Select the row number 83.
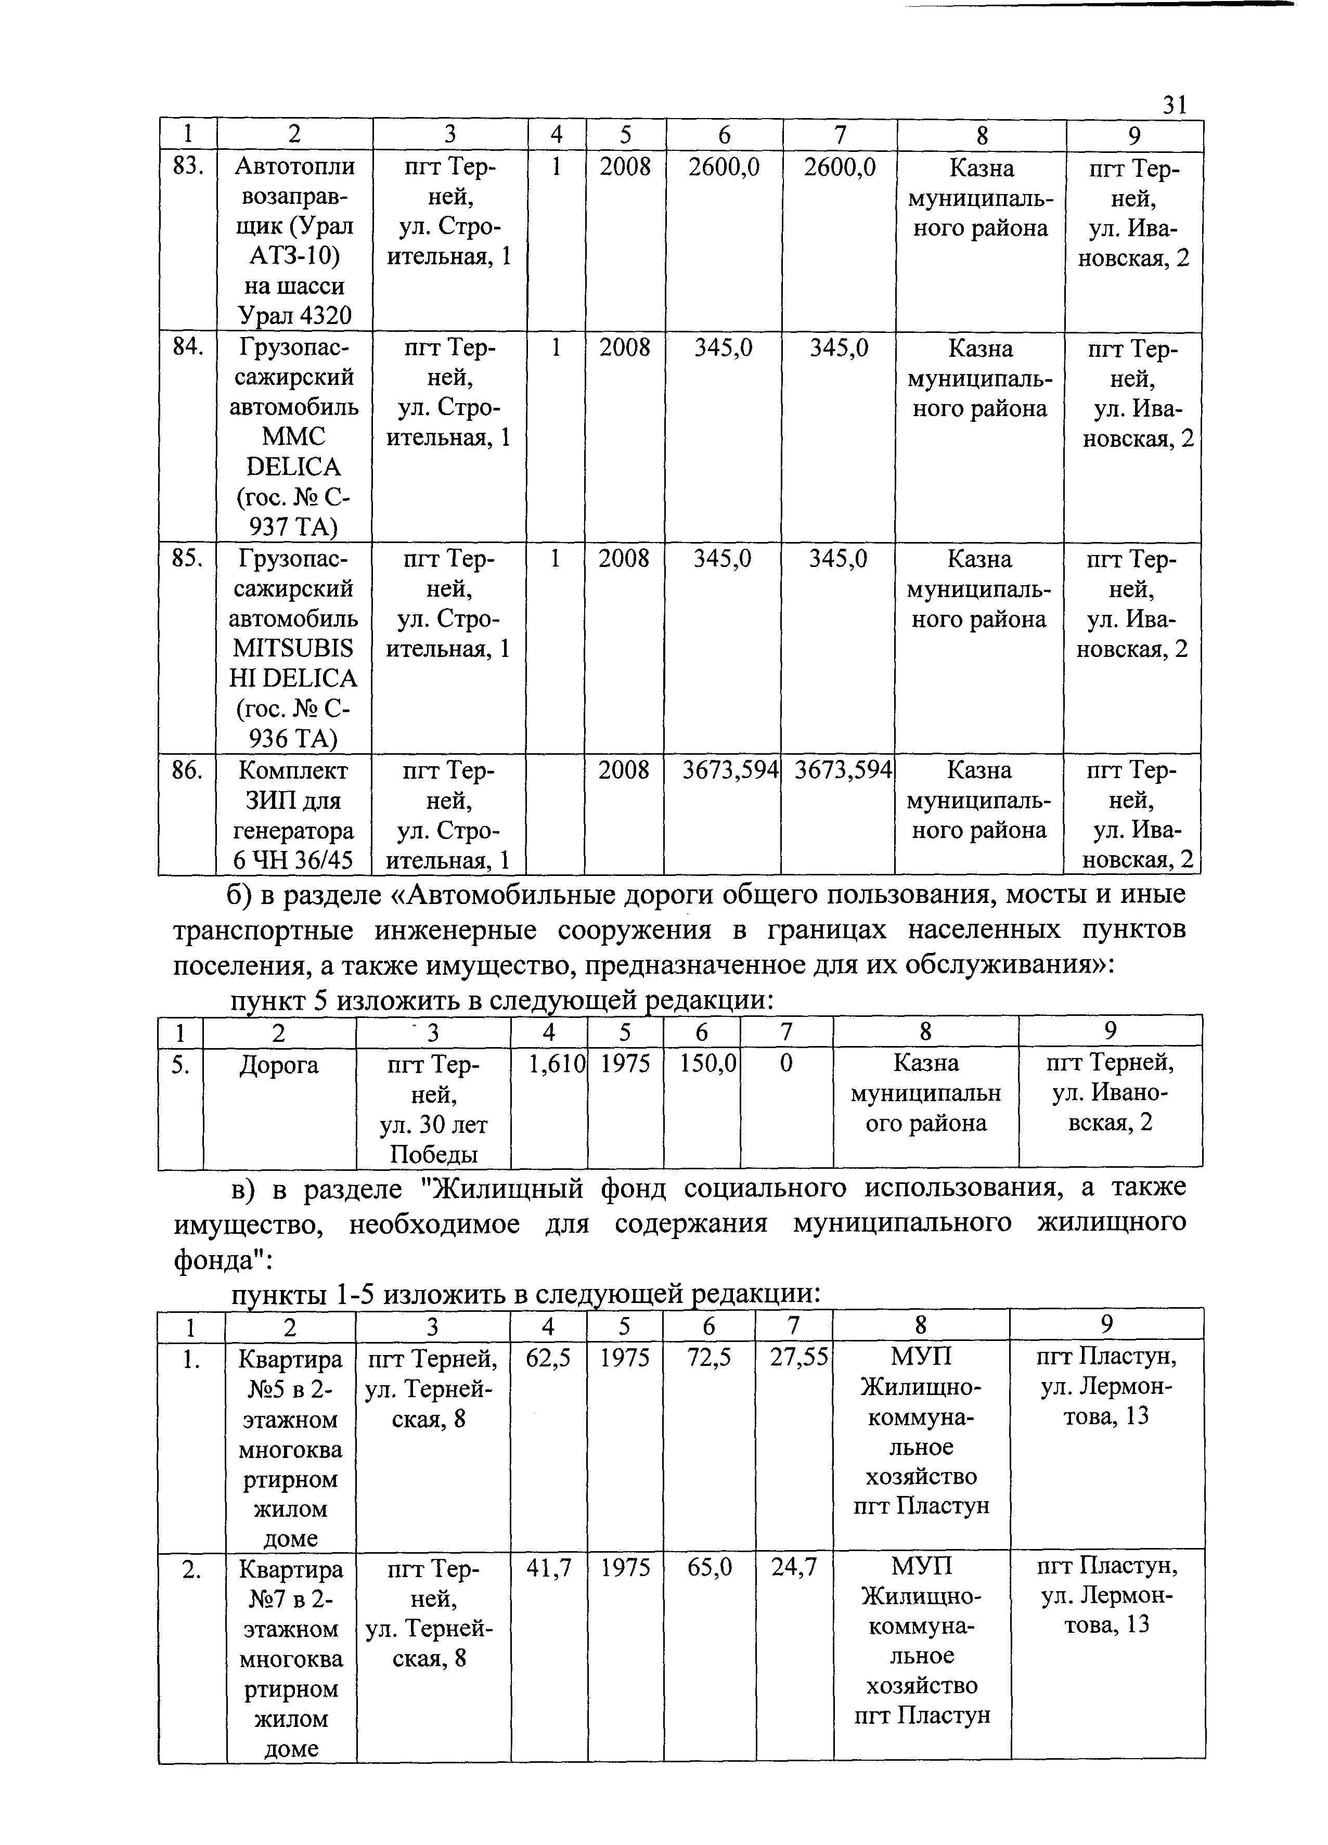click(187, 166)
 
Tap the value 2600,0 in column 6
click(724, 167)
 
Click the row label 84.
click(187, 347)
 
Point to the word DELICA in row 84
click(294, 467)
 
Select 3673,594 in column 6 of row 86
click(730, 769)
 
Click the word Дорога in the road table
click(279, 1065)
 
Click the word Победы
click(433, 1154)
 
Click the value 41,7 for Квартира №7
click(548, 1567)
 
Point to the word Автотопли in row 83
click(294, 166)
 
